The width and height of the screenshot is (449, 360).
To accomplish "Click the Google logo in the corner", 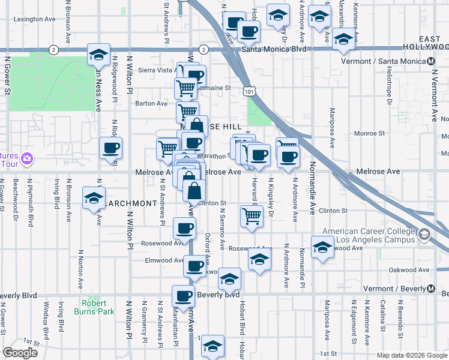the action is point(20,353).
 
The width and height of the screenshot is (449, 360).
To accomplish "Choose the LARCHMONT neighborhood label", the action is point(131,203).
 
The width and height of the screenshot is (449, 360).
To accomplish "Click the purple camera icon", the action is point(26,159).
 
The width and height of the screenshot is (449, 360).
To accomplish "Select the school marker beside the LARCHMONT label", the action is point(94,199).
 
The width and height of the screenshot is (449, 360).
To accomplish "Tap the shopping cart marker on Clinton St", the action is point(252,216).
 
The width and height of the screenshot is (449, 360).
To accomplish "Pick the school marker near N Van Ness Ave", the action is point(98,55).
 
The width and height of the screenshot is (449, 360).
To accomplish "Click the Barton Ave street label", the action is point(151,103).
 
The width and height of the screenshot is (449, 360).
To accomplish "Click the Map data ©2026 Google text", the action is point(412,355).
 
